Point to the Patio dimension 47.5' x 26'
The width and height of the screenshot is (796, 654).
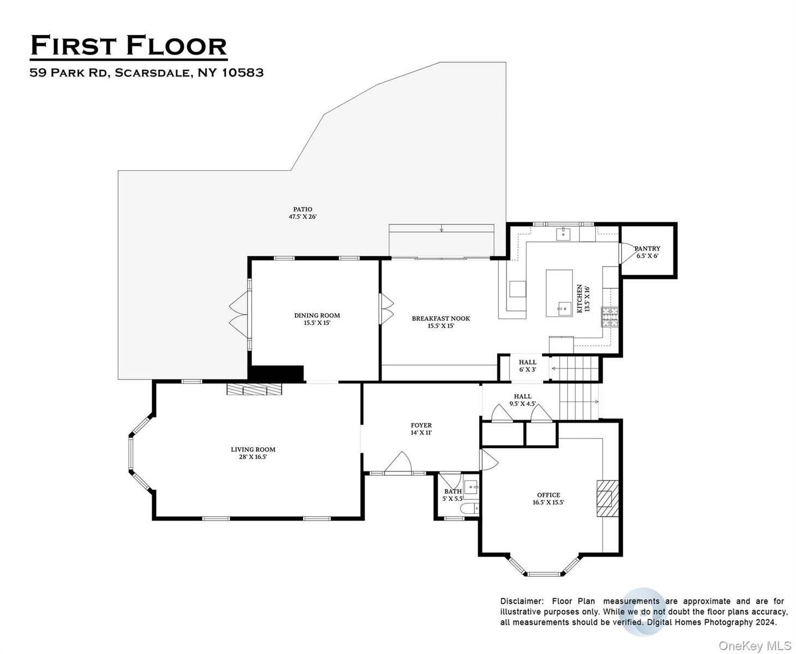[x=303, y=216]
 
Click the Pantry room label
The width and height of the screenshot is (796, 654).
[x=647, y=249]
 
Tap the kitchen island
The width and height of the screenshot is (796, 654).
[x=559, y=293]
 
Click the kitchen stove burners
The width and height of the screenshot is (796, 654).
[x=610, y=317]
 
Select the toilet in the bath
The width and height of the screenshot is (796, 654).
[x=469, y=508]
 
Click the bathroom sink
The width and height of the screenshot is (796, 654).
[x=471, y=487]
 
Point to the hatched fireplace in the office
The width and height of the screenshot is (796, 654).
[x=607, y=498]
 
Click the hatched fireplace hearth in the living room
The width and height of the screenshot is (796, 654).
[x=254, y=389]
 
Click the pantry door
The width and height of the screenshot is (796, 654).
[x=627, y=253]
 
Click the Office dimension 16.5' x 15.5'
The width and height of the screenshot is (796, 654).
[x=548, y=502]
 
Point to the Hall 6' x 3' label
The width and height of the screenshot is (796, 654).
[x=527, y=366]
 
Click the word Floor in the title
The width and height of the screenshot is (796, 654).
[x=176, y=46]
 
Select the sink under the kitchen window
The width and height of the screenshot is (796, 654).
[x=563, y=234]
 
